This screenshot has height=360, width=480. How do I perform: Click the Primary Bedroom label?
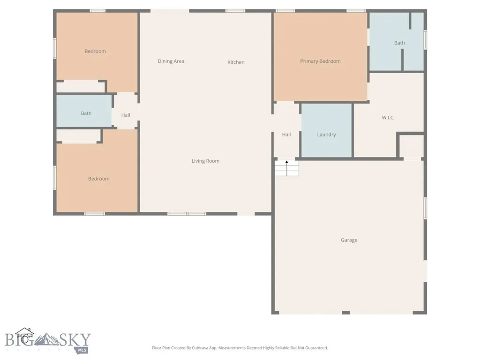click(320, 61)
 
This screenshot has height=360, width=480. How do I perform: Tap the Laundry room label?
click(326, 135)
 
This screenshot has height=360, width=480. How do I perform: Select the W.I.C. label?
click(388, 118)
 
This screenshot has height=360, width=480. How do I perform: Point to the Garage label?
click(349, 240)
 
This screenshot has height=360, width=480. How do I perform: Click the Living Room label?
click(205, 161)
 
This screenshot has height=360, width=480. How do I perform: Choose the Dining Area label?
click(171, 61)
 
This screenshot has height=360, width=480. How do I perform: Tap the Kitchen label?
click(236, 62)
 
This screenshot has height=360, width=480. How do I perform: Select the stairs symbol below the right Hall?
click(286, 168)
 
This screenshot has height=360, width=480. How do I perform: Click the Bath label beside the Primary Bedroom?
click(399, 43)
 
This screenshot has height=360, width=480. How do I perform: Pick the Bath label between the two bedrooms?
click(86, 113)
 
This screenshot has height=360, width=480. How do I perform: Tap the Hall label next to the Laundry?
click(286, 135)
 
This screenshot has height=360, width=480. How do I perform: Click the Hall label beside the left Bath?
click(126, 115)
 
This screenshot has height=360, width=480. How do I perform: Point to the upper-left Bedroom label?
click(95, 51)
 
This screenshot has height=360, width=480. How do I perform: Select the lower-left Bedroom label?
click(98, 179)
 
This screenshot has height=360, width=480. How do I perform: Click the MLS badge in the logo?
click(82, 350)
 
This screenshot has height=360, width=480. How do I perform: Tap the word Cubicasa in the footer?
click(200, 348)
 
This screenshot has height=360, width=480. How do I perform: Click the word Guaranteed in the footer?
click(316, 348)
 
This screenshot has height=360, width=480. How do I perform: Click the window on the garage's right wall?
click(425, 208)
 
